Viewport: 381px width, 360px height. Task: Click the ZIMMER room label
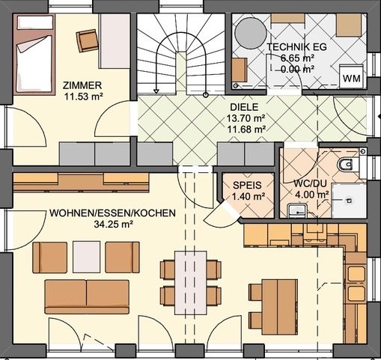pyautogui.click(x=82, y=85)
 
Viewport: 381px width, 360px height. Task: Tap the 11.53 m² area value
pyautogui.click(x=82, y=97)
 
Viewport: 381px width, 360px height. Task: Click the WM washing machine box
pyautogui.click(x=350, y=78)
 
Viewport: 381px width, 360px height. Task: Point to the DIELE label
pyautogui.click(x=246, y=107)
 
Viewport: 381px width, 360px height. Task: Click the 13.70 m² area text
pyautogui.click(x=247, y=118)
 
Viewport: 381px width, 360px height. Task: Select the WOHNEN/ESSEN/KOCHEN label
pyautogui.click(x=113, y=213)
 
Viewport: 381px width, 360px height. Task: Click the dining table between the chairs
pyautogui.click(x=191, y=281)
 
